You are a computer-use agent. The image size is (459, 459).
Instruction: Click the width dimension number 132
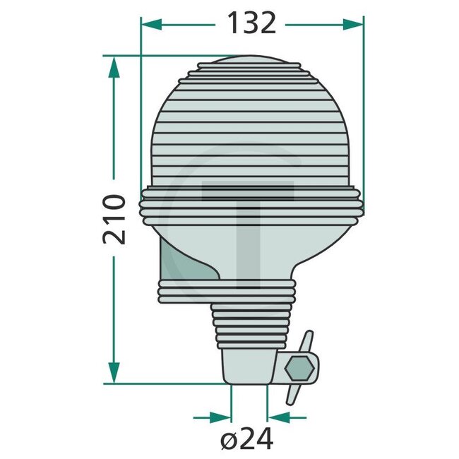[251, 23]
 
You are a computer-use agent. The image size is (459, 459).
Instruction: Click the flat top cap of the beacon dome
[251, 66]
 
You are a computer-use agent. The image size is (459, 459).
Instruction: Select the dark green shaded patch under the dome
[184, 263]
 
